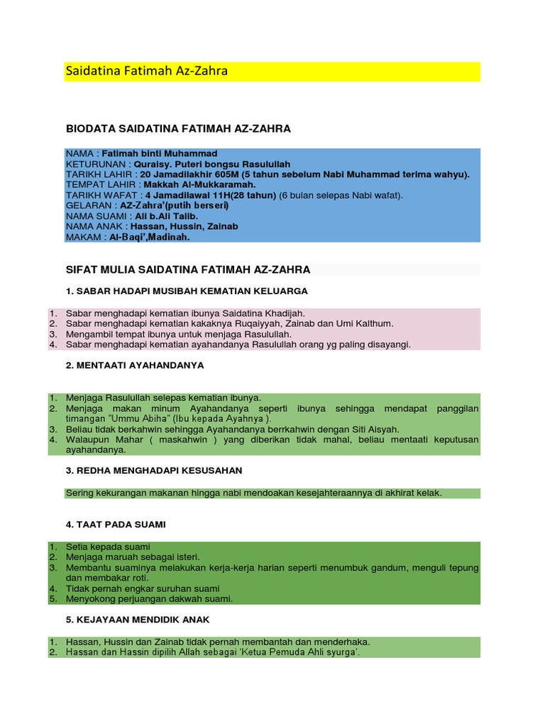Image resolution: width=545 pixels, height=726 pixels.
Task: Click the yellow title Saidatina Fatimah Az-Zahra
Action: point(146,72)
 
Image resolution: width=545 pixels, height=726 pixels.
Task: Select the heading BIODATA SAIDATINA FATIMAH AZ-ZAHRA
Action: point(178,128)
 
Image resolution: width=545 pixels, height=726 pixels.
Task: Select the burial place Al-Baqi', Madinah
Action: point(150,238)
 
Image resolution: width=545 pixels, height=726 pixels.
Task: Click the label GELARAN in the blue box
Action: point(90,205)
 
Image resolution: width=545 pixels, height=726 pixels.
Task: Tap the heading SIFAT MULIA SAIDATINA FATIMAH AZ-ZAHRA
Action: point(187,269)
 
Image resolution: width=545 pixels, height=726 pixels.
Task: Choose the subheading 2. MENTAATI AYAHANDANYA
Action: point(135,365)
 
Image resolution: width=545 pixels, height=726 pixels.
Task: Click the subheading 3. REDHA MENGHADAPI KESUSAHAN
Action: point(154,470)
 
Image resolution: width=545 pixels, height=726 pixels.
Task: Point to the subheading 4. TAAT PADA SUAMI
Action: point(116,524)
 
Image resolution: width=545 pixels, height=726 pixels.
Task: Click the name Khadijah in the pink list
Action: point(284,313)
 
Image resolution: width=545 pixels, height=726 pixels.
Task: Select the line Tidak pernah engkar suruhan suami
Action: point(143,588)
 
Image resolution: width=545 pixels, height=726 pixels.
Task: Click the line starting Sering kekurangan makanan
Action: point(253,493)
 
